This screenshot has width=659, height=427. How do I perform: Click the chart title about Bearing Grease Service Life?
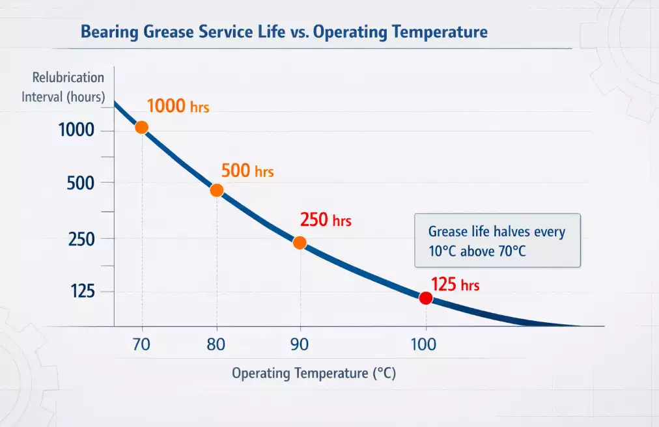pos(284,32)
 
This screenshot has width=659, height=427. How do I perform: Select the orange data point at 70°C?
pos(141,128)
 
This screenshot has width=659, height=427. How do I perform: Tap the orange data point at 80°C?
pos(217,190)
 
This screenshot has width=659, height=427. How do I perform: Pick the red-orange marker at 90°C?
pos(300,243)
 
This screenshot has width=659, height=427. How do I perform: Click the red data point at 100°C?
pos(426,298)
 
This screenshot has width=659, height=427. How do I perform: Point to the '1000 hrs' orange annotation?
pos(178,106)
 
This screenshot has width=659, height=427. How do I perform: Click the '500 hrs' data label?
pos(247,171)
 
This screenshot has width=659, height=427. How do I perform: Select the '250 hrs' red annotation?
pos(326,220)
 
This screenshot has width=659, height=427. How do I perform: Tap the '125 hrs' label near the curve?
pos(455,284)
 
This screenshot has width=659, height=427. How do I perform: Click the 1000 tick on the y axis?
pos(76,130)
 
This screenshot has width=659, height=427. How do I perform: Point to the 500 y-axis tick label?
pos(81,184)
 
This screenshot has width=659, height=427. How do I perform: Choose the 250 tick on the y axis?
pos(81,239)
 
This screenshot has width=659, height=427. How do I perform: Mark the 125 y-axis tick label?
pos(82,292)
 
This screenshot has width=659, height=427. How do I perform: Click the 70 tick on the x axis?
pos(141,344)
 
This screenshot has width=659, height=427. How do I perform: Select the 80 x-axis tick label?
pos(216,344)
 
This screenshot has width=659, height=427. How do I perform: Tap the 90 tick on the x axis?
pos(300,344)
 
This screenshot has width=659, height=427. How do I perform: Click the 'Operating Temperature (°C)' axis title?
pos(314,374)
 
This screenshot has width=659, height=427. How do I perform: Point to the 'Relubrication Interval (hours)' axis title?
pos(68,87)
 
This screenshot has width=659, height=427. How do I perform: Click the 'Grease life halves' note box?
pos(497,240)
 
